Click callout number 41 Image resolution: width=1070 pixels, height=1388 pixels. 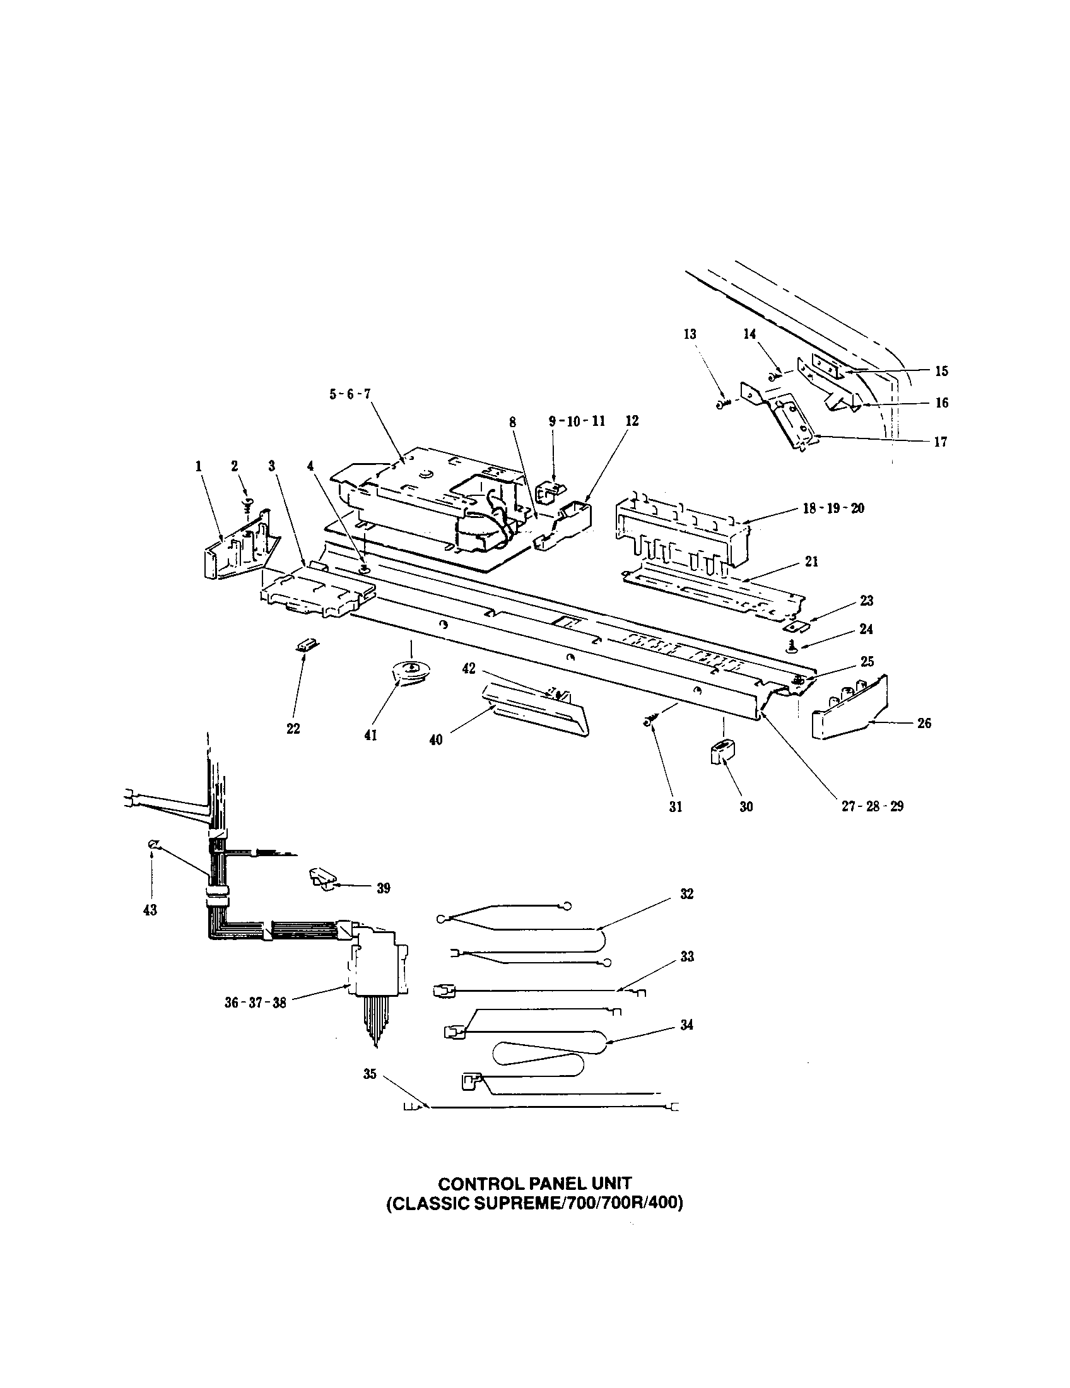[370, 735]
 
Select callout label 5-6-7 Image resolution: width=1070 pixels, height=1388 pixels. [350, 394]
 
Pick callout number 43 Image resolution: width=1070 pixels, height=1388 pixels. [150, 910]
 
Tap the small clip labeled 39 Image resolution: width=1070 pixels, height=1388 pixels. [324, 878]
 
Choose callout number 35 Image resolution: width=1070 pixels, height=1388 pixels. [370, 1074]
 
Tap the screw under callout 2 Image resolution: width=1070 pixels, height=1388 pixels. [248, 507]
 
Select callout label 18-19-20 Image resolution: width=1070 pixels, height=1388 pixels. [832, 509]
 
